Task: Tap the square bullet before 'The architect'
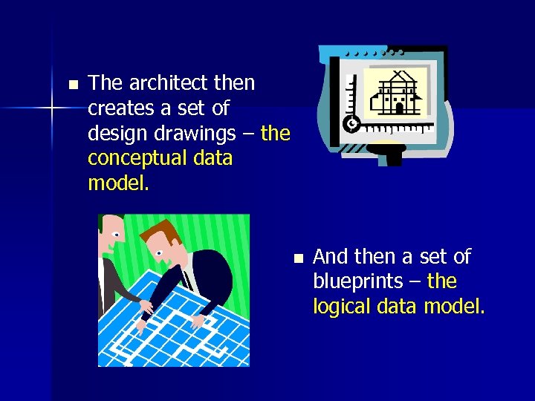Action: [x=72, y=84]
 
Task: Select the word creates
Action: [x=121, y=108]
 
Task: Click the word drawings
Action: [x=201, y=134]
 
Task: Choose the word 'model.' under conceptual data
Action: [x=118, y=183]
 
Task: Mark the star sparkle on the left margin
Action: [x=52, y=108]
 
